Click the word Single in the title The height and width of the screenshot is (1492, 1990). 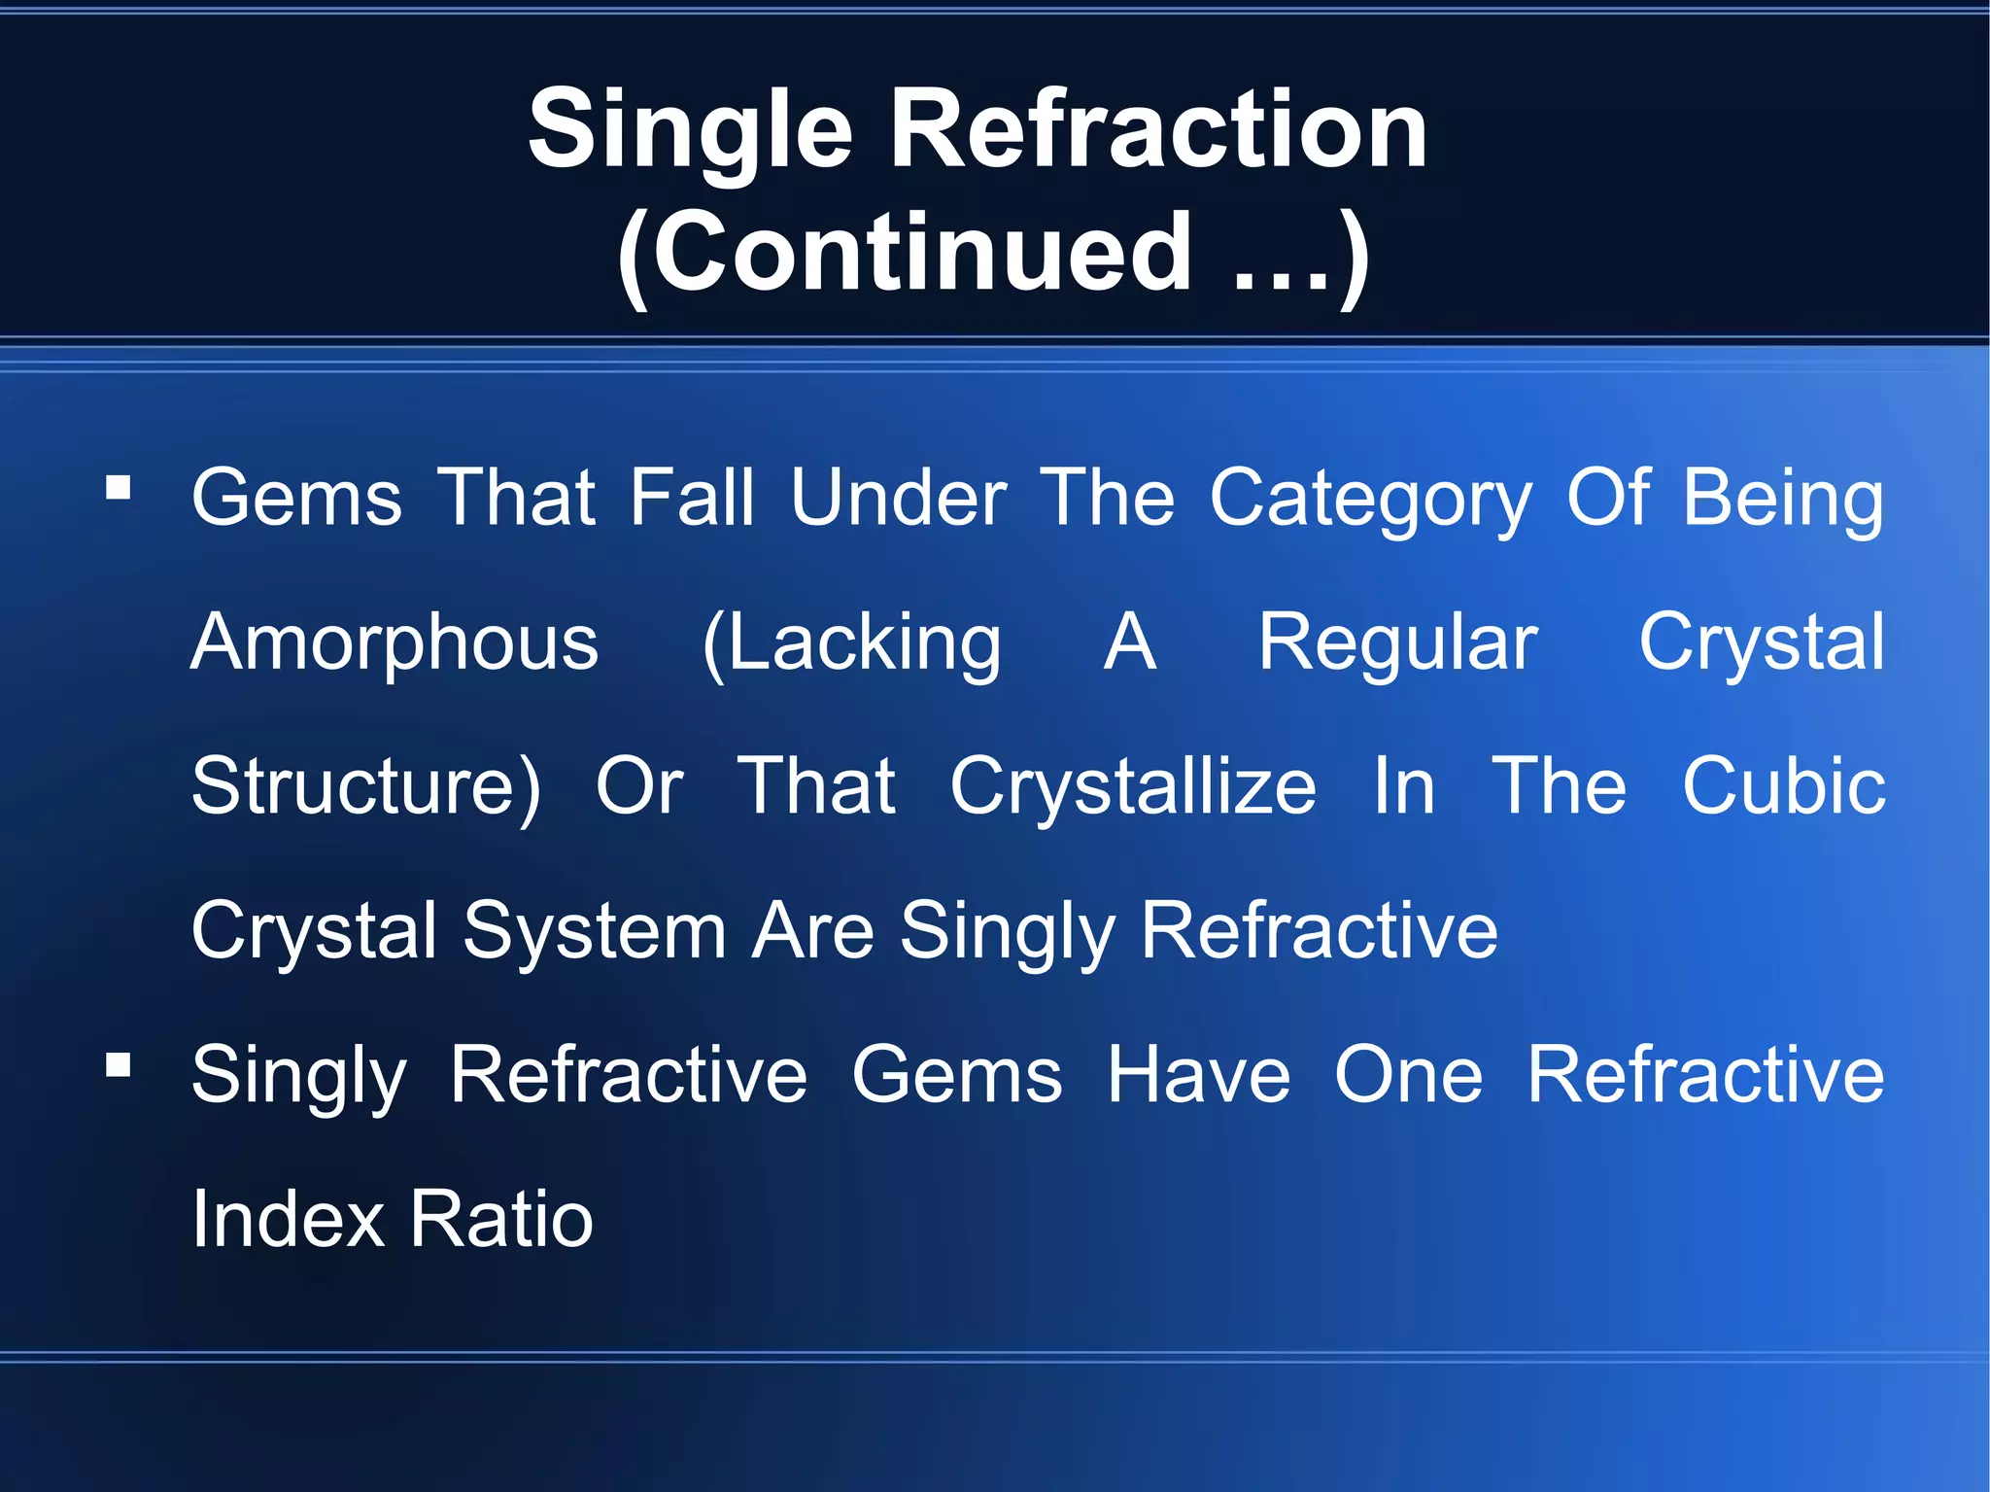(691, 129)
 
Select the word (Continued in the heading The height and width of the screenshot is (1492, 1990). (905, 254)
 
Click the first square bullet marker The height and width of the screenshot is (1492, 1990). (119, 487)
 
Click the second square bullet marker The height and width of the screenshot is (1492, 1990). (119, 1066)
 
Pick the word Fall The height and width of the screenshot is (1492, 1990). (691, 498)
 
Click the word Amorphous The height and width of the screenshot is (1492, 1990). (395, 643)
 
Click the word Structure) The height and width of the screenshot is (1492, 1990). (365, 787)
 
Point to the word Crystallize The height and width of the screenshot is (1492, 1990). (1133, 787)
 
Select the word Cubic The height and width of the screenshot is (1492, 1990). (1783, 785)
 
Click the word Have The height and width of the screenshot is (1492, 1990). (1199, 1075)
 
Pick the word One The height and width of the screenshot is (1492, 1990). (1408, 1075)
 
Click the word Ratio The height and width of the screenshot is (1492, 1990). (500, 1219)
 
